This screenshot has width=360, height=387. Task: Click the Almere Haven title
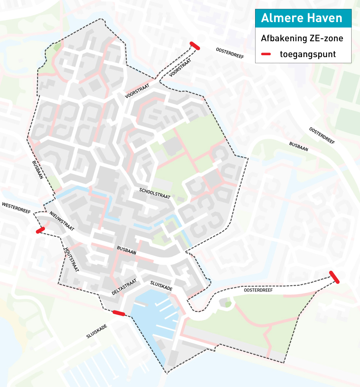[x=301, y=18]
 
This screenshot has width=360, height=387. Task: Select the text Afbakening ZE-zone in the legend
[x=302, y=38]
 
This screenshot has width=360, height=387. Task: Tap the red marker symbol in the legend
[x=266, y=54]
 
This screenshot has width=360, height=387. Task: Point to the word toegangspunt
[x=308, y=54]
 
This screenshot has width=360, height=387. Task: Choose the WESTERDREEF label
[x=16, y=209]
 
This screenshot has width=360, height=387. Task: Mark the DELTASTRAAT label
[x=124, y=287]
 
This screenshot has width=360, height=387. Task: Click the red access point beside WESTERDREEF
[x=40, y=230]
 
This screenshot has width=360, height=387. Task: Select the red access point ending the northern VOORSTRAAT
[x=194, y=46]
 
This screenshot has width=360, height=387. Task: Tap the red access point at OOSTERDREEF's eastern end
[x=334, y=277]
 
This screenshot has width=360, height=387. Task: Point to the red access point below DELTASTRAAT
[x=119, y=313]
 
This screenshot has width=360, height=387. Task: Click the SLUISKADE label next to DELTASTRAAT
[x=161, y=286]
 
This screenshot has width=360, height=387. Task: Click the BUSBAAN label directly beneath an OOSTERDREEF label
[x=299, y=147]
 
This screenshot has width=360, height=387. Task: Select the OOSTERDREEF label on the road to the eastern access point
[x=259, y=290]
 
